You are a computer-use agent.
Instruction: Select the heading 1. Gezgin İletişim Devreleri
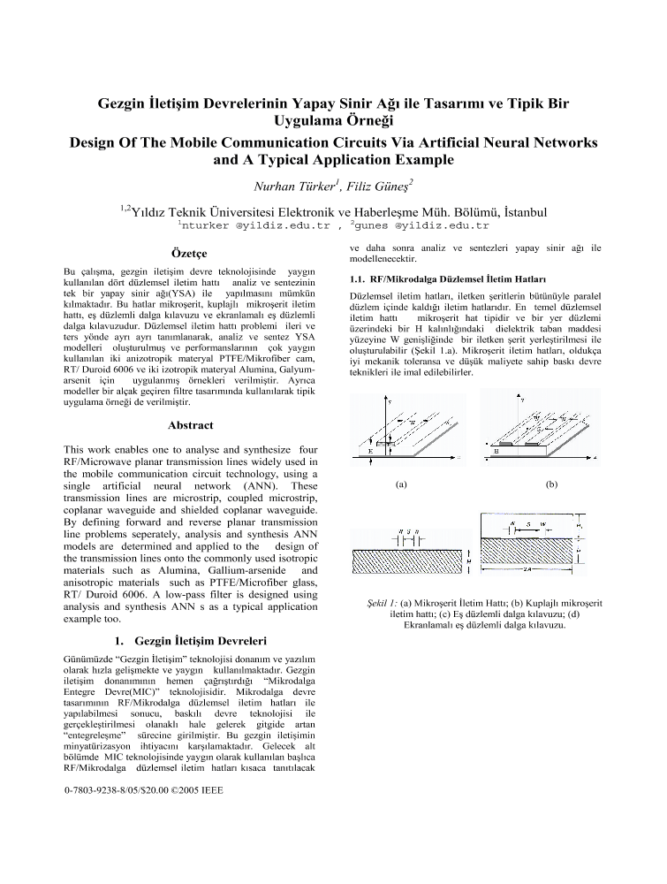click(187, 640)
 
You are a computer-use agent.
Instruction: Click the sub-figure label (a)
click(401, 484)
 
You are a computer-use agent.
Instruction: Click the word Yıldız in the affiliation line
click(156, 212)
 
